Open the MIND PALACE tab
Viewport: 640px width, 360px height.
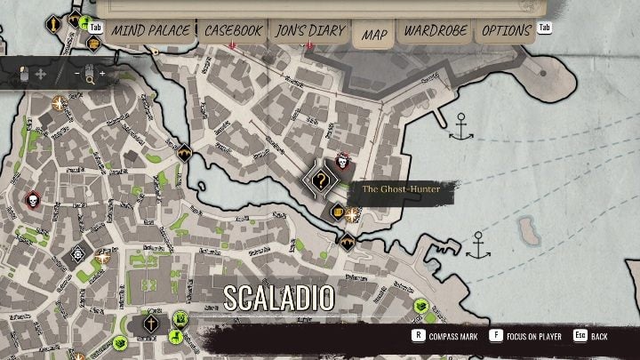150,30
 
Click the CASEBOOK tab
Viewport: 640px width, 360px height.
233,30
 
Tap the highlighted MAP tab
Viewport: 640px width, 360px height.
374,35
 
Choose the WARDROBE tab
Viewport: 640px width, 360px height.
436,30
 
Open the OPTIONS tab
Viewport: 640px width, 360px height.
506,30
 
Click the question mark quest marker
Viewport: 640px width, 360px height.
321,180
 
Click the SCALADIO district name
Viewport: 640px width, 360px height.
279,297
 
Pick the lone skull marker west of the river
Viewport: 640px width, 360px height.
33,198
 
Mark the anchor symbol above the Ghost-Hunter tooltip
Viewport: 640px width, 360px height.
460,127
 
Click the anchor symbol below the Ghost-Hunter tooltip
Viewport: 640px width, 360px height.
478,244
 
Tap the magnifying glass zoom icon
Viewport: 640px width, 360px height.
90,78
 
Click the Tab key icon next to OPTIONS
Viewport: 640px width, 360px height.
544,28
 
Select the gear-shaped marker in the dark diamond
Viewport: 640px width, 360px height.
78,253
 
